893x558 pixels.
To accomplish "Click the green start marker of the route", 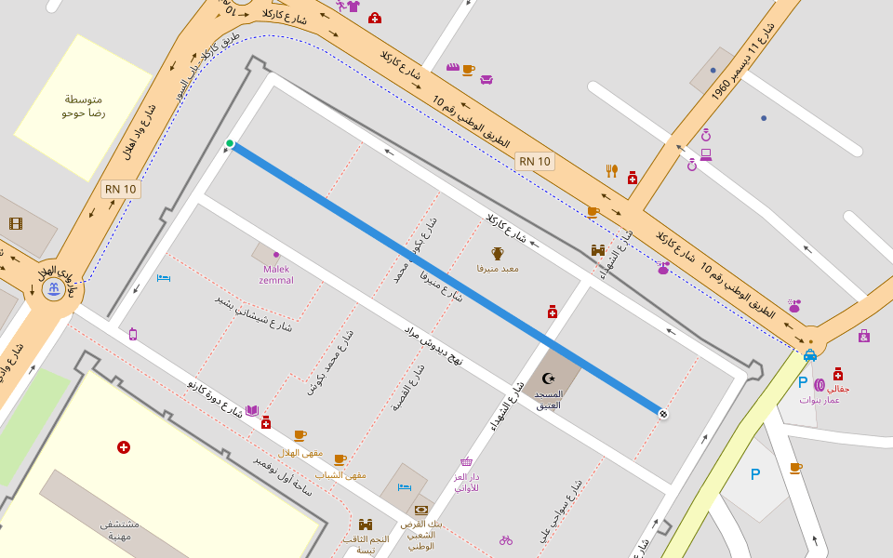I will point(230,143).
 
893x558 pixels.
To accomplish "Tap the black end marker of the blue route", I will point(662,413).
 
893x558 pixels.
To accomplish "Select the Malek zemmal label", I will point(276,274).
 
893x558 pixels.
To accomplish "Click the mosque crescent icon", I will point(548,378).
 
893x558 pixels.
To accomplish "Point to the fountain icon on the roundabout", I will point(55,289).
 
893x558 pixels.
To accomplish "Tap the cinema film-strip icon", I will point(15,223).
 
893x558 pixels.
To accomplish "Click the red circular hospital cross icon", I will point(123,447).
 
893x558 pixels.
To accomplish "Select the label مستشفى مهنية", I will point(121,530).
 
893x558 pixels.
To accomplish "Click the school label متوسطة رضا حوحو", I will point(84,106).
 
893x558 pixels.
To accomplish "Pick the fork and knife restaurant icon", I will point(611,170).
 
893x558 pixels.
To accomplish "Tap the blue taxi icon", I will point(809,354).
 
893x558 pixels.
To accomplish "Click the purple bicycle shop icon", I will point(506,539).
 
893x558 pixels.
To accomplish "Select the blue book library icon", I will point(251,410).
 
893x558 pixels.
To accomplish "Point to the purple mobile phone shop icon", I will point(133,334).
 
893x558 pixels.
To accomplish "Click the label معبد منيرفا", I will point(498,268).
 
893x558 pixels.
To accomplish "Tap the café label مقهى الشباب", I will point(340,474).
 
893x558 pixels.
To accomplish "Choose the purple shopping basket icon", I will point(466,461).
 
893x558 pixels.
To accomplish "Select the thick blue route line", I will point(446,278).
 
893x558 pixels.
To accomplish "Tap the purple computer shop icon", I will point(706,154).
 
